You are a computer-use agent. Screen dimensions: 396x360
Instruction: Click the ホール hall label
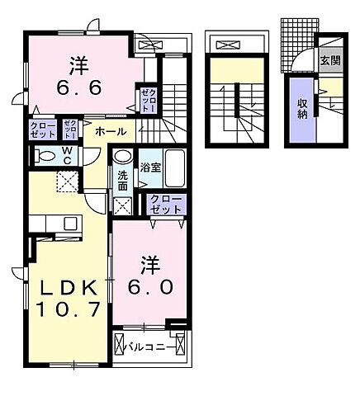point(110,131)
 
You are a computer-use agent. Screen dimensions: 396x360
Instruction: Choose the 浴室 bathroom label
point(150,167)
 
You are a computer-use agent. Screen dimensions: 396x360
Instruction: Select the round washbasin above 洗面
point(122,157)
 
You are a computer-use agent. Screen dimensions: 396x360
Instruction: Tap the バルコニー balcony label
point(149,346)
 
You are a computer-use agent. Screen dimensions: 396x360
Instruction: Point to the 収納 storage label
point(303,108)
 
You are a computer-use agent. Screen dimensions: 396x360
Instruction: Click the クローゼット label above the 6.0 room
point(168,204)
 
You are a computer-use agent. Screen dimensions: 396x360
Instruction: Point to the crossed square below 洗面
point(121,205)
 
